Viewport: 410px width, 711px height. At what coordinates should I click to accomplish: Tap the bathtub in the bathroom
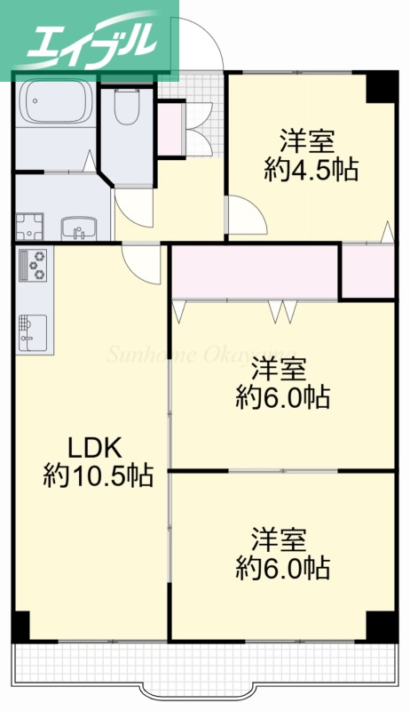[55, 105]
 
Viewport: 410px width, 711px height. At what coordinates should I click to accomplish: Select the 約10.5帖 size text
[99, 475]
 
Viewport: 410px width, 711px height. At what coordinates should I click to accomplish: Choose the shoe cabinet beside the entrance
[170, 130]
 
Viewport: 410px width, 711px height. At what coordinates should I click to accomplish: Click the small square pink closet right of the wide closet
[367, 273]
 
